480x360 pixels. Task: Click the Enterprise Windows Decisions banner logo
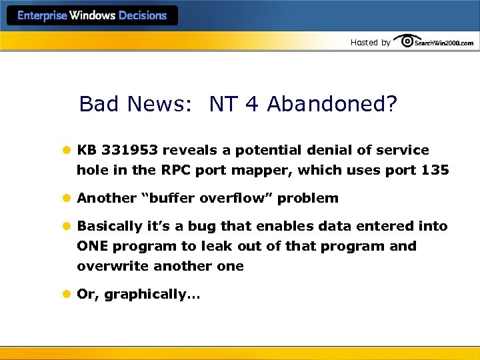pos(92,15)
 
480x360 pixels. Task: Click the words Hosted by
pos(370,43)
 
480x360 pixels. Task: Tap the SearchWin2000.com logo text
pos(443,43)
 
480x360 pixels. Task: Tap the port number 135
pos(436,170)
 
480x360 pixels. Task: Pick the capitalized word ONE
pos(92,246)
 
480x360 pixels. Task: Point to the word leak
pos(217,246)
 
